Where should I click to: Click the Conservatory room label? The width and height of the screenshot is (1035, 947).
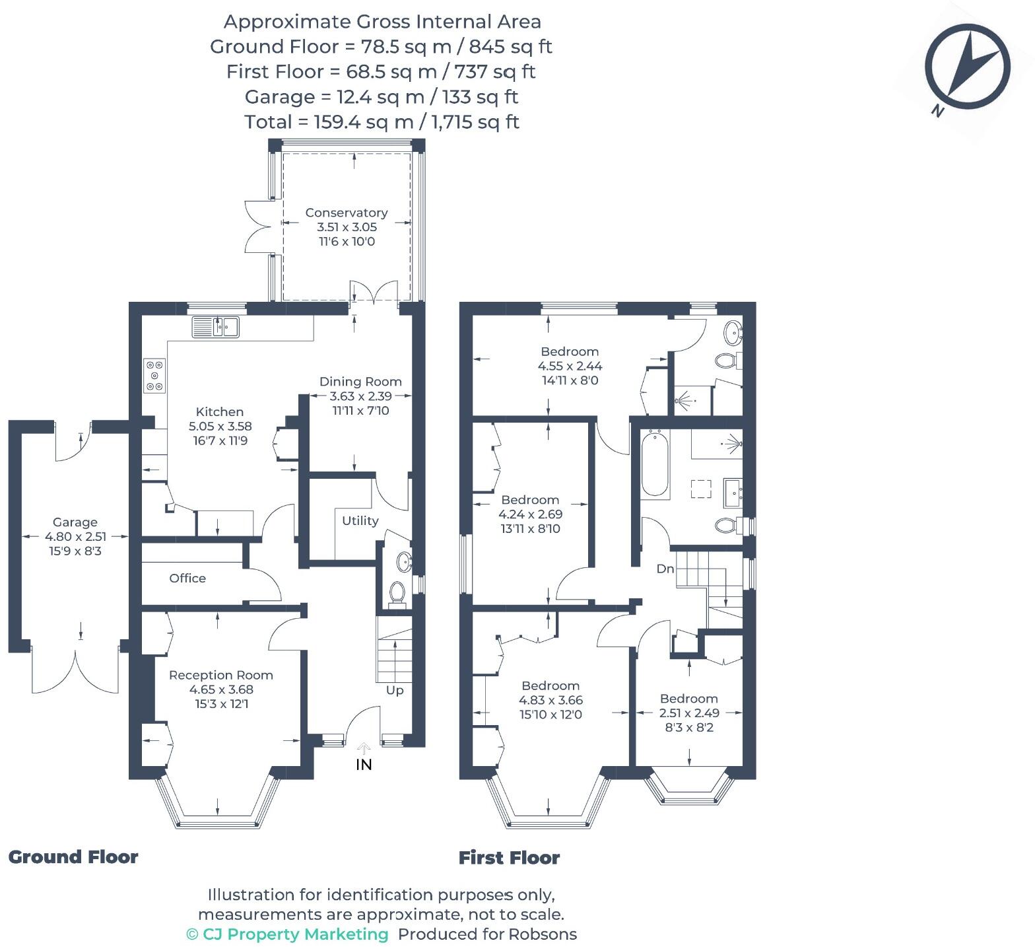[x=347, y=213]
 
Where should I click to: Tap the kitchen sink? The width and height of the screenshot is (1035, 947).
[x=216, y=327]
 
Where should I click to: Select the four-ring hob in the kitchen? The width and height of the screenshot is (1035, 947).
[x=155, y=375]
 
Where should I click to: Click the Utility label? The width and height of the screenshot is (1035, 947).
[x=360, y=520]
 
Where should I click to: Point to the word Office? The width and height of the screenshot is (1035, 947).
[x=187, y=578]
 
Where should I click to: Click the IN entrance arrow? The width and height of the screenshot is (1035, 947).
[x=364, y=748]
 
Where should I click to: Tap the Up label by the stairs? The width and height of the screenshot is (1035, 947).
[x=395, y=690]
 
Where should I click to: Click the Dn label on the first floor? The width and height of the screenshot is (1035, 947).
[x=665, y=568]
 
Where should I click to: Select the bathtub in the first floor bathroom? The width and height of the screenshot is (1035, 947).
[x=655, y=463]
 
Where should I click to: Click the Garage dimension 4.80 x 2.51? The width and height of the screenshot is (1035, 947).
[x=75, y=536]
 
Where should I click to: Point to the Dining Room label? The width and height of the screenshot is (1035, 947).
[x=360, y=381]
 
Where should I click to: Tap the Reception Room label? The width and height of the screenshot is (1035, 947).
[x=221, y=675]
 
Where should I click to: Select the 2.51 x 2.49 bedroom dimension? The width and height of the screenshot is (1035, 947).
[x=689, y=713]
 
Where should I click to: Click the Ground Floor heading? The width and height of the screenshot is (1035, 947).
[x=73, y=857]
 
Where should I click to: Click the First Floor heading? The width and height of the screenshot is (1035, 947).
[x=510, y=858]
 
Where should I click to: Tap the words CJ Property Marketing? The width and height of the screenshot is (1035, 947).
[x=295, y=934]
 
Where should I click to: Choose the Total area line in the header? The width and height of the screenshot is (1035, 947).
[x=382, y=122]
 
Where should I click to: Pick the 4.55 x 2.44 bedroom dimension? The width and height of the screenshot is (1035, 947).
[x=570, y=366]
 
